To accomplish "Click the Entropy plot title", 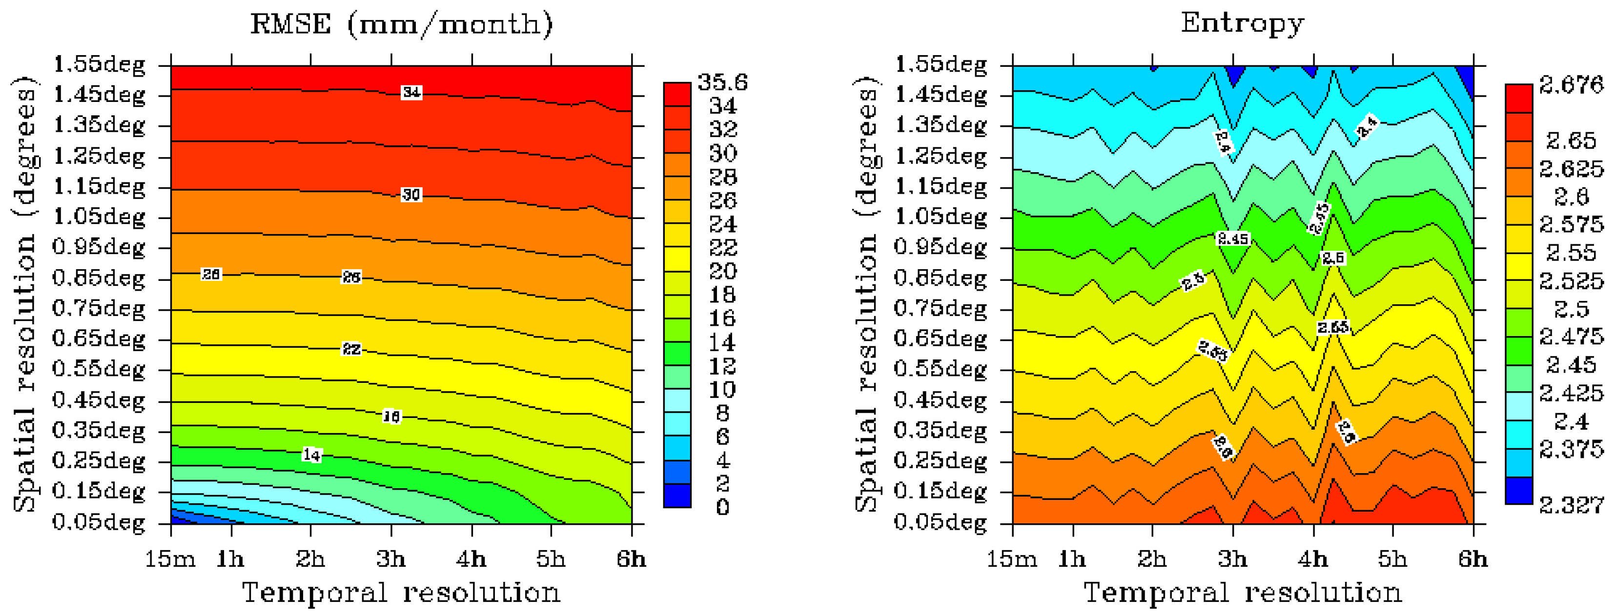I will pos(1242,24).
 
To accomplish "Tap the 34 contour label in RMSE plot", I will pos(411,92).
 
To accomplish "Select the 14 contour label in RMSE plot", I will pos(311,455).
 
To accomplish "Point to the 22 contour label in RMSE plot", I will pos(351,349).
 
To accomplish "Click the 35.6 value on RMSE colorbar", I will pos(722,82).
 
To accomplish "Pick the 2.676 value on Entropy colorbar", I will pos(1571,84).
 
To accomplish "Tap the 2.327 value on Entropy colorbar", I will pos(1571,504).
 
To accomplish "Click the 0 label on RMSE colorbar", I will pos(722,507).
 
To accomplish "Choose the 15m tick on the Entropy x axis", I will pos(1011,558).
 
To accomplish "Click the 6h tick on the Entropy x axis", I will pos(1472,558).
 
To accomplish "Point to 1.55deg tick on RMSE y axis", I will pos(99,64).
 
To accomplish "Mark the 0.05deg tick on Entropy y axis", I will pos(940,521).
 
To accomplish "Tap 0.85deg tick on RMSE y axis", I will pos(99,278).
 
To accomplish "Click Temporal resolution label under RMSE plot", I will pos(401,593).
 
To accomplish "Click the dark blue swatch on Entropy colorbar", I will pos(1518,490).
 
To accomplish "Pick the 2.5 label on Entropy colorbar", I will pos(1571,309).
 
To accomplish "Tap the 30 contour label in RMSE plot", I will pos(411,195).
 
